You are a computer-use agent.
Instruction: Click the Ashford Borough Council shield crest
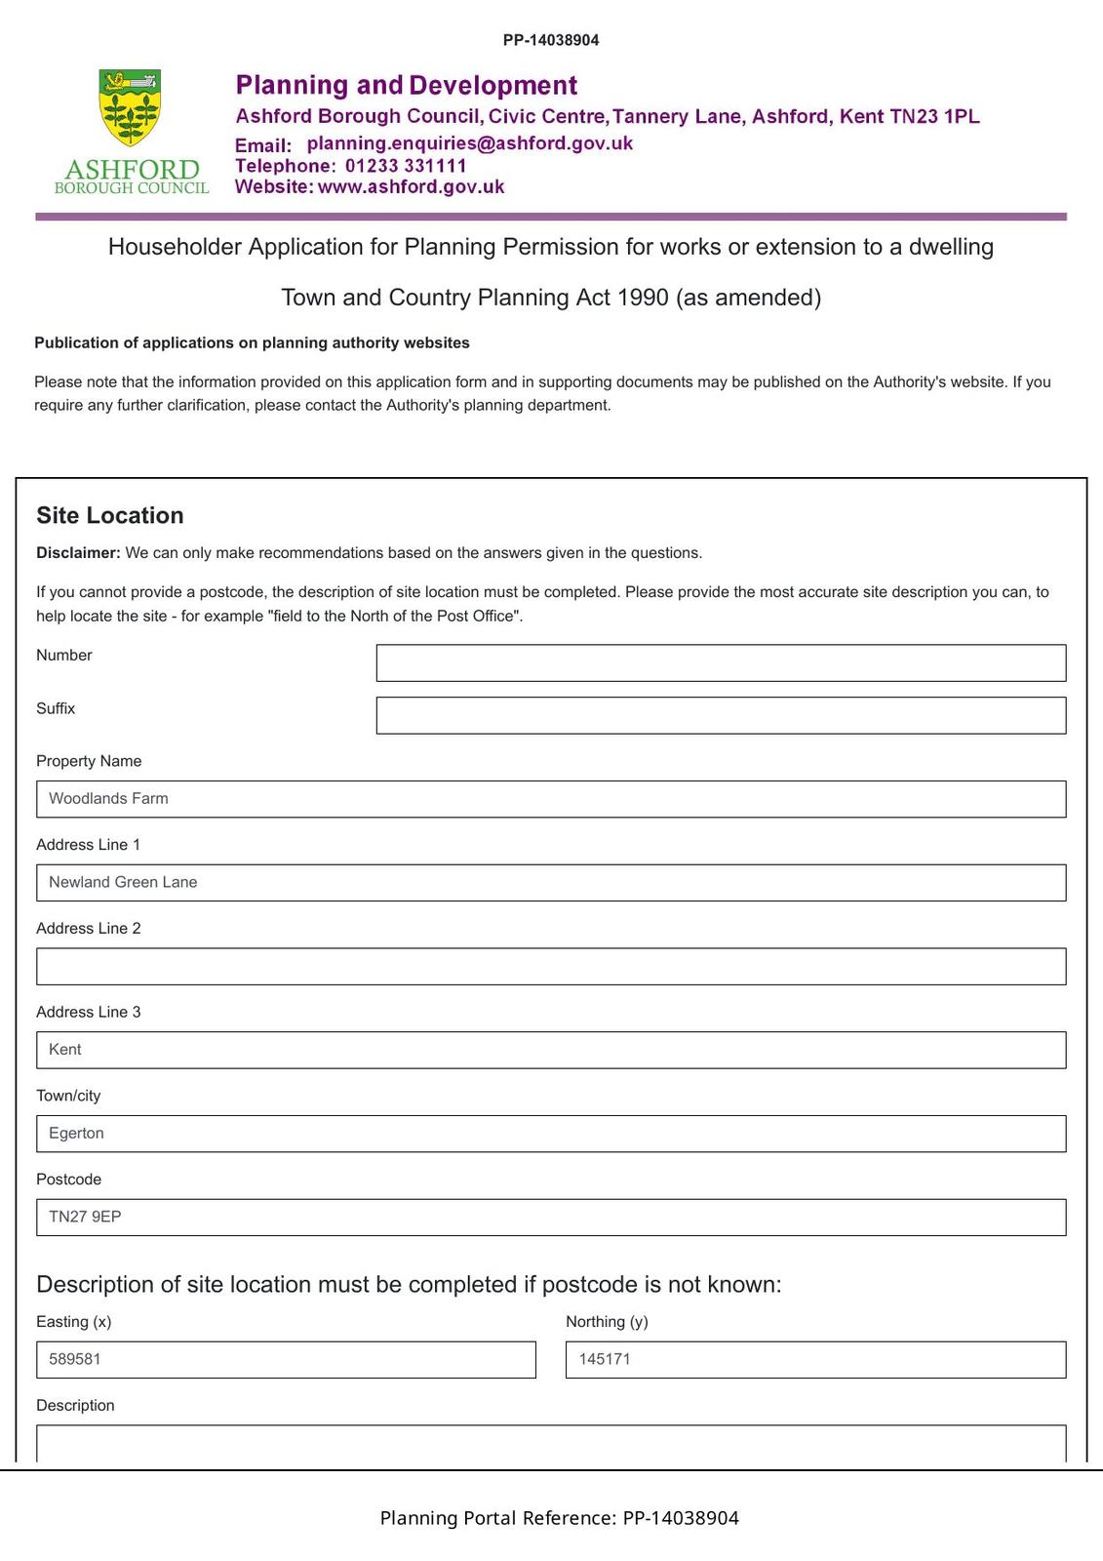pyautogui.click(x=130, y=107)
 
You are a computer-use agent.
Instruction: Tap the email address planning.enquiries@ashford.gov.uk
pyautogui.click(x=469, y=143)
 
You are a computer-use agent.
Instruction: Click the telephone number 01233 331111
pyautogui.click(x=406, y=166)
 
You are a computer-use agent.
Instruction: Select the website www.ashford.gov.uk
pyautogui.click(x=411, y=187)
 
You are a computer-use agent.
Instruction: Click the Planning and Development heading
pyautogui.click(x=407, y=86)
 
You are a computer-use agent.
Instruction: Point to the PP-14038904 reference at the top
pyautogui.click(x=551, y=40)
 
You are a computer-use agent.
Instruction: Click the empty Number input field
pyautogui.click(x=721, y=662)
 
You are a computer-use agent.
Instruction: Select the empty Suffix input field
pyautogui.click(x=721, y=715)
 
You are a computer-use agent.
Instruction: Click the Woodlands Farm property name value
pyautogui.click(x=108, y=799)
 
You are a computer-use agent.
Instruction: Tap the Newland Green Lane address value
pyautogui.click(x=123, y=883)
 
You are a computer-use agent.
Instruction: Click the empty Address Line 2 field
pyautogui.click(x=551, y=966)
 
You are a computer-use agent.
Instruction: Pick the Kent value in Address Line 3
pyautogui.click(x=65, y=1050)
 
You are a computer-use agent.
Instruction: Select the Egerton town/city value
pyautogui.click(x=76, y=1134)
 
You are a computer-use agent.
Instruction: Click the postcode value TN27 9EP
pyautogui.click(x=85, y=1218)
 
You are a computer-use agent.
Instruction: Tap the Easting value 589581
pyautogui.click(x=75, y=1360)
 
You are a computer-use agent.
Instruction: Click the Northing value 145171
pyautogui.click(x=605, y=1360)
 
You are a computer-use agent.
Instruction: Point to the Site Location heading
pyautogui.click(x=110, y=516)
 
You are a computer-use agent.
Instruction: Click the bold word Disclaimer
pyautogui.click(x=78, y=553)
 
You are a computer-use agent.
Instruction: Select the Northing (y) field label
pyautogui.click(x=607, y=1322)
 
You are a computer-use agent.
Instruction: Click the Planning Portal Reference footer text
pyautogui.click(x=559, y=1518)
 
